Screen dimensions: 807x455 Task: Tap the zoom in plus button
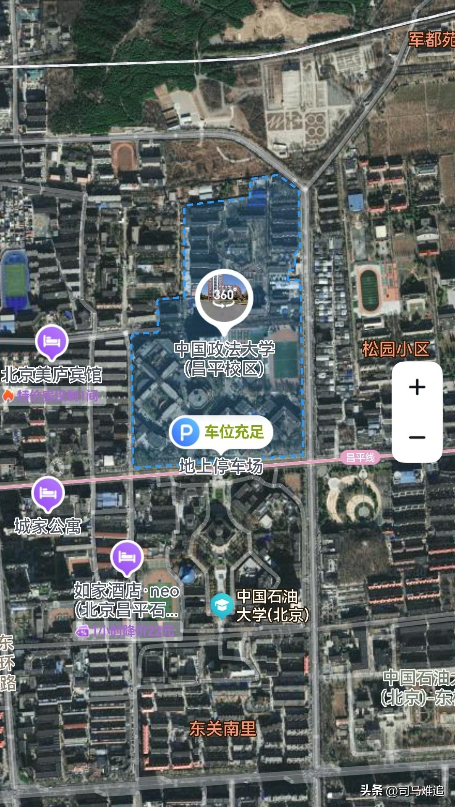point(417,387)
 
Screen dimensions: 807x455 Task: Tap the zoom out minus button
point(417,437)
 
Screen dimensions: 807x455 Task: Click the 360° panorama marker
point(224,295)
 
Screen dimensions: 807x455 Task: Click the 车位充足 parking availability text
point(234,432)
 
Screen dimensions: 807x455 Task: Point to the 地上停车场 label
point(221,466)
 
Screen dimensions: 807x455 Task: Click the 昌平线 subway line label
point(360,457)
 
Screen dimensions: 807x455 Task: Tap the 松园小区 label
point(395,349)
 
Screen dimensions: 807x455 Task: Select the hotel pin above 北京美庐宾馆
point(52,342)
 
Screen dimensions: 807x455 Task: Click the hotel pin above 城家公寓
point(48,493)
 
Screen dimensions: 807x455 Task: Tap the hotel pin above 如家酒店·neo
point(127,557)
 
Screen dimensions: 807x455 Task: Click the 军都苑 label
point(431,40)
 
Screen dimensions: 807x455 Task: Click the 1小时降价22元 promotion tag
point(128,631)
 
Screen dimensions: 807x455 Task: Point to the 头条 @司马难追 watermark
point(402,791)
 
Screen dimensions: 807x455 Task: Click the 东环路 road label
point(7,663)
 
